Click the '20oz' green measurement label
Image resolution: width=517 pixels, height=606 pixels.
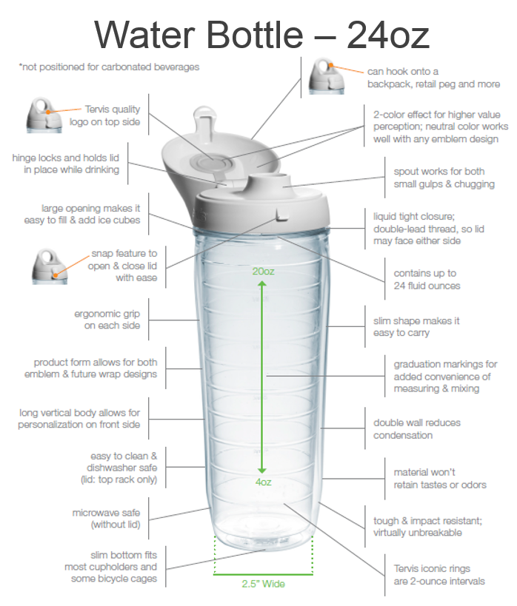pyautogui.click(x=263, y=272)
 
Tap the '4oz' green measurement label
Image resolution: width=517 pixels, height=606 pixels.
pyautogui.click(x=263, y=482)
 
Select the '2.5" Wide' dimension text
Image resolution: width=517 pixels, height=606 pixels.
pyautogui.click(x=263, y=584)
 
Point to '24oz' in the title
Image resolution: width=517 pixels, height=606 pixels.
pyautogui.click(x=388, y=35)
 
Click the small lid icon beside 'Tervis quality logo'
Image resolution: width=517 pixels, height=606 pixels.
pyautogui.click(x=44, y=115)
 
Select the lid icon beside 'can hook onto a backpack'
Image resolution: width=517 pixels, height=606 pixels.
pyautogui.click(x=326, y=76)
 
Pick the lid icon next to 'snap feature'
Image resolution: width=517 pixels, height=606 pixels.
pyautogui.click(x=50, y=266)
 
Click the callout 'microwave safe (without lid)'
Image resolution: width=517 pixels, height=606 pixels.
pyautogui.click(x=107, y=519)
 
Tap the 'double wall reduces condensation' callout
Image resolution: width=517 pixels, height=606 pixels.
pyautogui.click(x=417, y=429)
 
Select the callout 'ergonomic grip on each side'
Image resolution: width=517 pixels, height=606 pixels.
pyautogui.click(x=107, y=320)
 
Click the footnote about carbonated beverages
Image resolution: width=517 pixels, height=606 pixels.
pyautogui.click(x=109, y=67)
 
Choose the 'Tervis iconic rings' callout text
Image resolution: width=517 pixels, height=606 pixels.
pyautogui.click(x=439, y=575)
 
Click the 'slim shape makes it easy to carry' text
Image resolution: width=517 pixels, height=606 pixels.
pyautogui.click(x=416, y=326)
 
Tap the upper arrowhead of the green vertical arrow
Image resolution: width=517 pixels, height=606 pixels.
pyautogui.click(x=262, y=284)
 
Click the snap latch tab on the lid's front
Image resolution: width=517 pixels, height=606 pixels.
pyautogui.click(x=282, y=214)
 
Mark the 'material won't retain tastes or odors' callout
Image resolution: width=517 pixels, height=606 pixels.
pyautogui.click(x=440, y=479)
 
